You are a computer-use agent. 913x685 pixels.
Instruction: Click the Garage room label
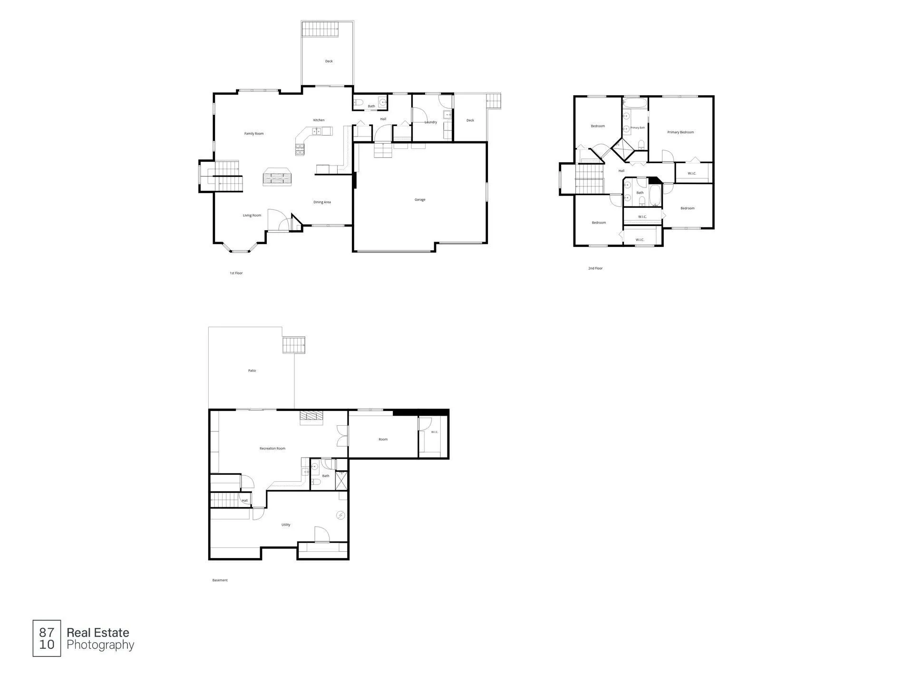click(x=420, y=200)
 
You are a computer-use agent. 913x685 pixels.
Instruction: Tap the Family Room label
click(x=254, y=134)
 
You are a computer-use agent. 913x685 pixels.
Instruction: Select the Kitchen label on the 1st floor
click(x=319, y=120)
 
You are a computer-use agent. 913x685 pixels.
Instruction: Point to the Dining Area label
click(x=322, y=202)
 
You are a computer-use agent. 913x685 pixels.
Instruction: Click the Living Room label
click(x=252, y=215)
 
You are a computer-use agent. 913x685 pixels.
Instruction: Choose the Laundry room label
click(x=431, y=122)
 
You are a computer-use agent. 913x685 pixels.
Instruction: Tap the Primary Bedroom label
click(x=680, y=132)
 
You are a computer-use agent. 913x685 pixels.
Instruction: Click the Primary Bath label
click(x=638, y=127)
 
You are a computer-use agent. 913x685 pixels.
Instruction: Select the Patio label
click(x=252, y=371)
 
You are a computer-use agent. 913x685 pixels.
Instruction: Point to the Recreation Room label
click(x=272, y=449)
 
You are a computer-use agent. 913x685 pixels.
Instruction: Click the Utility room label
click(x=286, y=525)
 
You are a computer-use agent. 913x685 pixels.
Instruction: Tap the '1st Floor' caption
click(x=236, y=273)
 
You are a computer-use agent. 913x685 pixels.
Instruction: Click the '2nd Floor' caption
click(x=595, y=268)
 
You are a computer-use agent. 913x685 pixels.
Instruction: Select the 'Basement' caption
click(x=220, y=580)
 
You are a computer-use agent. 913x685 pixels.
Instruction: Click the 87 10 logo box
click(x=47, y=638)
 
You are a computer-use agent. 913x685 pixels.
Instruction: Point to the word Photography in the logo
click(x=100, y=646)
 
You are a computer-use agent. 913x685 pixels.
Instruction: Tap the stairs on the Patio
click(x=293, y=345)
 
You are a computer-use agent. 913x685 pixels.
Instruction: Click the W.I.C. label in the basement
click(x=435, y=432)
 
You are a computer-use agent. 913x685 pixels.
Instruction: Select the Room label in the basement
click(x=383, y=440)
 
